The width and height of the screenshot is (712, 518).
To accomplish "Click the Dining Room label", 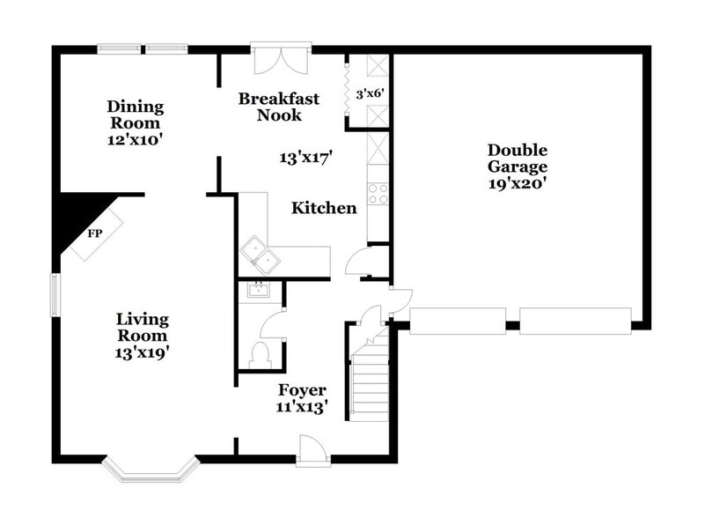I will tap(135, 115).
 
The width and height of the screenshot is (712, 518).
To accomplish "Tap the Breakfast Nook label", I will tap(279, 107).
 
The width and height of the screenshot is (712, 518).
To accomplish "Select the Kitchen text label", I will tap(324, 209).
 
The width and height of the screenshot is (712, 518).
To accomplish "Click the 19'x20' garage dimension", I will tap(518, 183).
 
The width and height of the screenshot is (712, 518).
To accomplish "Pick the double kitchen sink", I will tap(260, 255).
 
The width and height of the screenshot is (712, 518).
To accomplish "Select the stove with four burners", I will tap(378, 193).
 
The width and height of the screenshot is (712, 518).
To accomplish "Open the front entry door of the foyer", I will tap(312, 450).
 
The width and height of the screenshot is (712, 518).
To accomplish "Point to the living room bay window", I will tap(149, 470).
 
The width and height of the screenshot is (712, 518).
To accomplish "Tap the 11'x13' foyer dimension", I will tap(302, 407).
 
